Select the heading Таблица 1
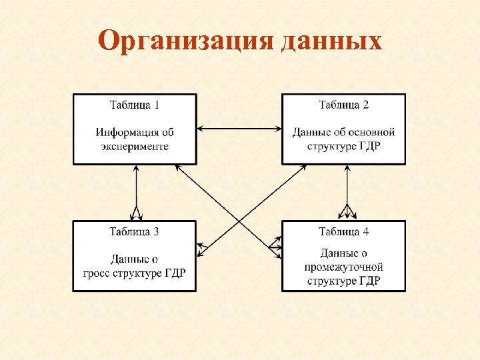135,105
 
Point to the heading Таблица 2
343,105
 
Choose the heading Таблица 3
135,232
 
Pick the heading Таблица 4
343,232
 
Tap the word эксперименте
135,146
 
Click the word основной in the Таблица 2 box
372,133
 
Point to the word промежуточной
344,267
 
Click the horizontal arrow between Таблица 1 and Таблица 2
239,128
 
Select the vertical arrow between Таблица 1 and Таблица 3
136,190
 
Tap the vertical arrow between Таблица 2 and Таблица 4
346,190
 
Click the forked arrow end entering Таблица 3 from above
136,214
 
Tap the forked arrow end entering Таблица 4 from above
346,213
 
